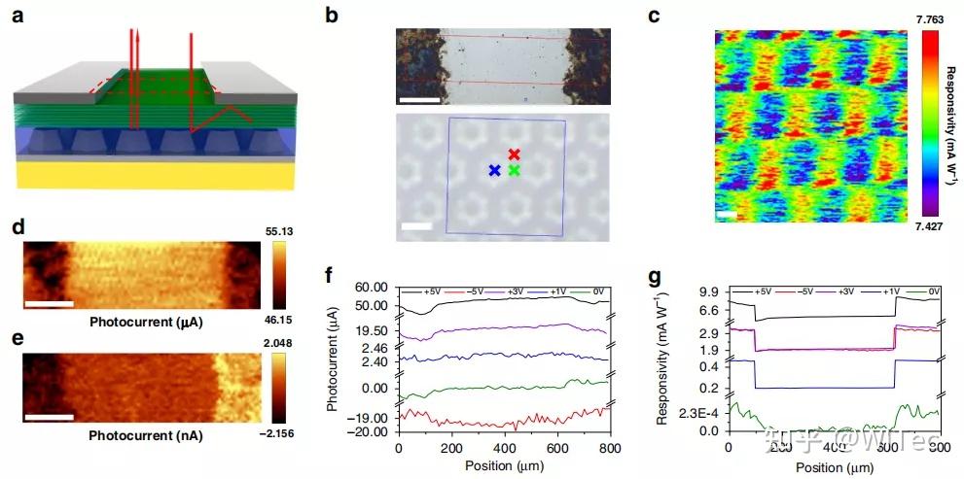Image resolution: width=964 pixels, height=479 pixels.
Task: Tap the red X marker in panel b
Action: [515, 154]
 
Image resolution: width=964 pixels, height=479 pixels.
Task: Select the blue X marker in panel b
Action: [494, 171]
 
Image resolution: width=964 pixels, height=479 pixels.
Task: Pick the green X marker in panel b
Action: [514, 171]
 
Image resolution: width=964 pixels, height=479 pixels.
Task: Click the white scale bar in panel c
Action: [725, 213]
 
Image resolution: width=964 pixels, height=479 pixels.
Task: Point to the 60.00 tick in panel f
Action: [374, 288]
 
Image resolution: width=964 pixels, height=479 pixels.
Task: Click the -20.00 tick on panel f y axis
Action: [372, 431]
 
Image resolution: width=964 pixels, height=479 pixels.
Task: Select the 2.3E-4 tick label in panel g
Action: [698, 413]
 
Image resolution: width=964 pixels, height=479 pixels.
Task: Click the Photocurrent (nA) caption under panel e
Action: [146, 436]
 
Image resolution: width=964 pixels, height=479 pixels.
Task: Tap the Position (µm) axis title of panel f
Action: [502, 466]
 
